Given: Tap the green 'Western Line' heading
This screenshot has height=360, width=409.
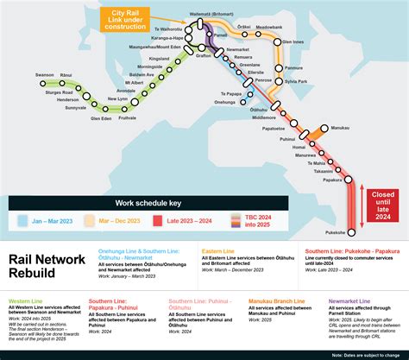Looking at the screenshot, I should [x=27, y=302].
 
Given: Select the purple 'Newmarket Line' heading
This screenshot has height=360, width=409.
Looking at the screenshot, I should [x=349, y=302].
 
